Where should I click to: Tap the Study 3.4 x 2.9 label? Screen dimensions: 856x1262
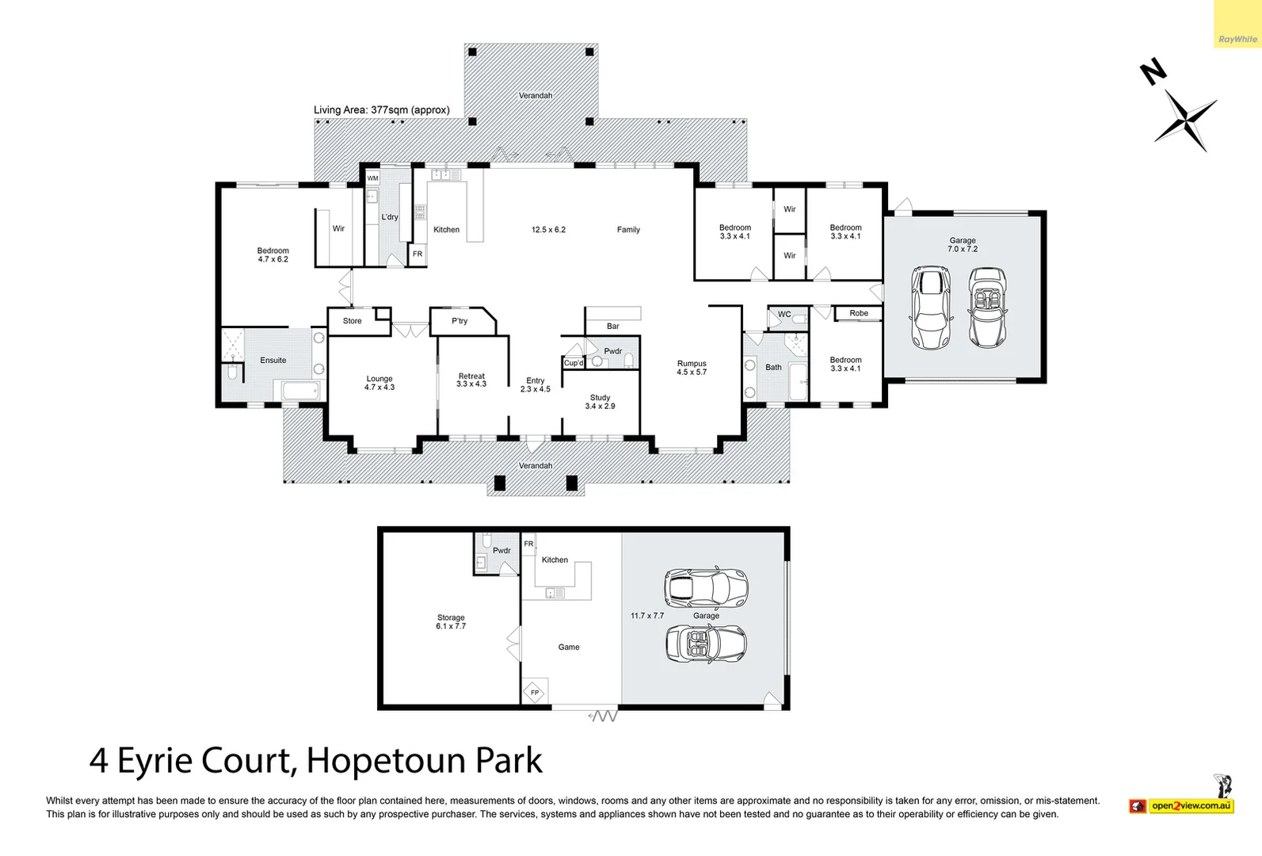(600, 402)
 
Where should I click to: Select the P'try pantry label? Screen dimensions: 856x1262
(459, 321)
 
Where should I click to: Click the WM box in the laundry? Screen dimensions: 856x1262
(372, 178)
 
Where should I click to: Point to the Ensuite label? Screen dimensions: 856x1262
(273, 361)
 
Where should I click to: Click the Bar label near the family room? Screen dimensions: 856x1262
(612, 327)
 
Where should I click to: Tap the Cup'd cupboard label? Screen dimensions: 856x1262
(574, 363)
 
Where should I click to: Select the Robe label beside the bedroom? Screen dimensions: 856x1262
(859, 313)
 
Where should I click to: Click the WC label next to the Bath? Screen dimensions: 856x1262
(784, 315)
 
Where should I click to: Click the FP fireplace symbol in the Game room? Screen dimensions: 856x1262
(535, 692)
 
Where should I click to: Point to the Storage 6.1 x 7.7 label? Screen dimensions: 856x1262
(451, 622)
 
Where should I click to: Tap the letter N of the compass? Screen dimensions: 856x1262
(1153, 72)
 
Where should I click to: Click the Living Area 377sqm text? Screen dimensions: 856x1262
(381, 110)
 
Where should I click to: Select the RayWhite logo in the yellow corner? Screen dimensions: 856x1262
(1237, 39)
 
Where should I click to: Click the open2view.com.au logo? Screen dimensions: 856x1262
(1191, 806)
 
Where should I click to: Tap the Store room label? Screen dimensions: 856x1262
(353, 321)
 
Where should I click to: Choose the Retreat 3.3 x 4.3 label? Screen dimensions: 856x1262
(471, 380)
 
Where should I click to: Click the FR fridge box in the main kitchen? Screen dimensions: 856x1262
(417, 254)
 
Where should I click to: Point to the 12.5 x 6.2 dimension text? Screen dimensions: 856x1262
(548, 230)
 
